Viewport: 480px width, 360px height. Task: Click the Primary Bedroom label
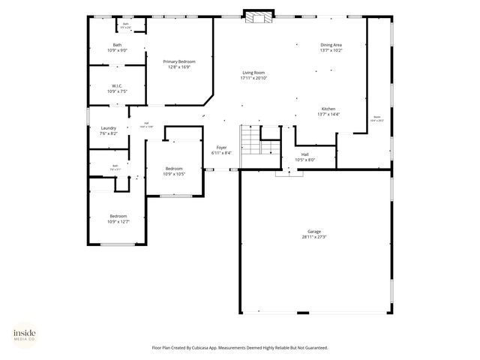[179, 61]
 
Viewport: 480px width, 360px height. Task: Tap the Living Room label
[253, 72]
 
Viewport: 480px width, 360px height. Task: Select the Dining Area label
[331, 45]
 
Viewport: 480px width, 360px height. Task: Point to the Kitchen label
[328, 109]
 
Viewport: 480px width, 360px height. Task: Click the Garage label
[314, 232]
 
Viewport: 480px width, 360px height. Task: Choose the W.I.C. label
[117, 85]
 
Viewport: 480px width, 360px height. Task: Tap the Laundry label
[109, 128]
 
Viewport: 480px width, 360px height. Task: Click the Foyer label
[221, 147]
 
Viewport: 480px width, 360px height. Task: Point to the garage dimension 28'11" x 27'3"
[314, 237]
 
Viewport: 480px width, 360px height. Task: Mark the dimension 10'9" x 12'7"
[118, 221]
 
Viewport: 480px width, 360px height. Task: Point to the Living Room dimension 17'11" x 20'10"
[253, 78]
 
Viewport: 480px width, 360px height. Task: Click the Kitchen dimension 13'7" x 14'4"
[328, 114]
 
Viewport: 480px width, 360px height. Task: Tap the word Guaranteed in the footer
[313, 347]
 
